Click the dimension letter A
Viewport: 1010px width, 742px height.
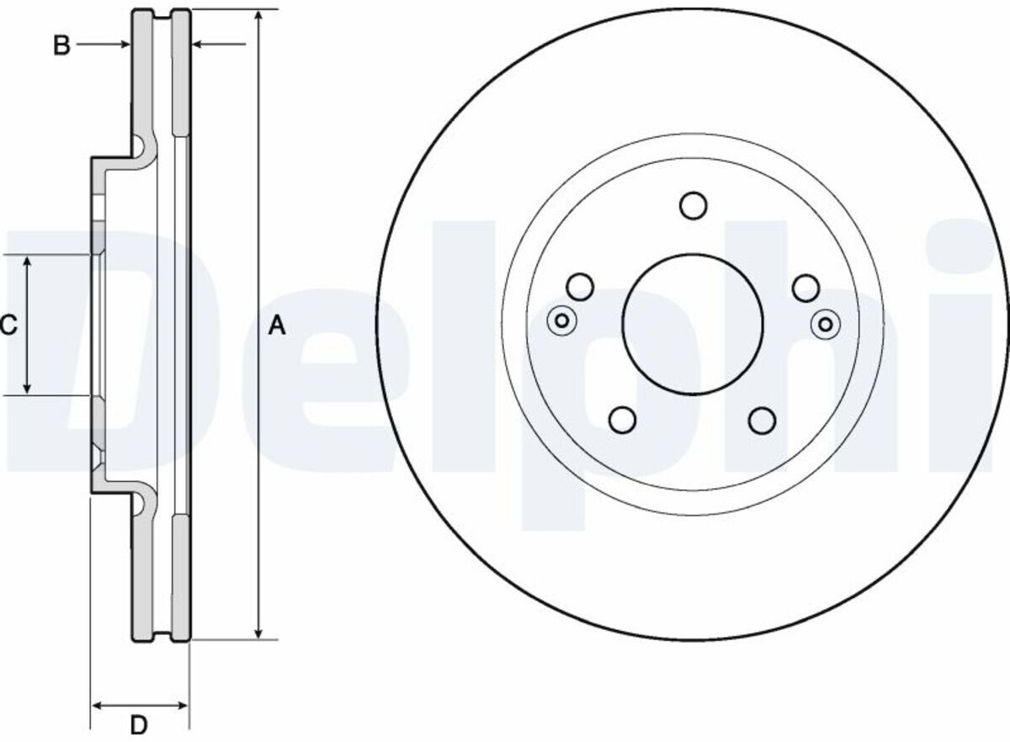click(277, 326)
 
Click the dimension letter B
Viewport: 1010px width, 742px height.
click(61, 45)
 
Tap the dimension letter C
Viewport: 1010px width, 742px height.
click(8, 325)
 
